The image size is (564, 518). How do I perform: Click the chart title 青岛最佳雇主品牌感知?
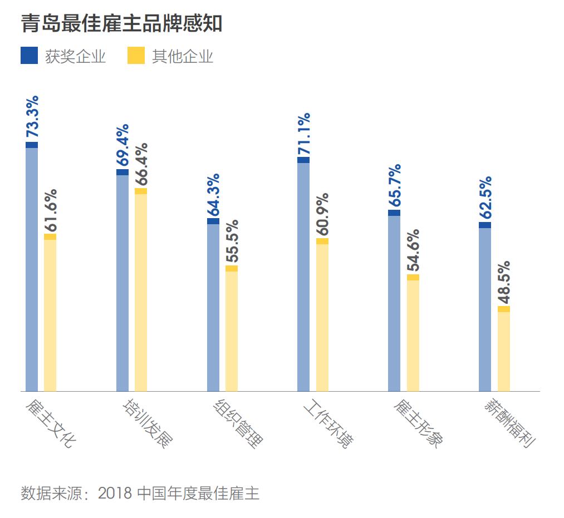point(121,23)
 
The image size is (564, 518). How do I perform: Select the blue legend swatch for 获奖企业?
point(30,56)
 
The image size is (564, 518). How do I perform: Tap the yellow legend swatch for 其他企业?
point(136,56)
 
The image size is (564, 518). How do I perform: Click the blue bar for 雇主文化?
point(32,267)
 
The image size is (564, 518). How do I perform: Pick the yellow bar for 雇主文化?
point(50,313)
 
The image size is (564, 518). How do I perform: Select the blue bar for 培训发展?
point(122,281)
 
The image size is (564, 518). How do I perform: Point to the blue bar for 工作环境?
point(303,275)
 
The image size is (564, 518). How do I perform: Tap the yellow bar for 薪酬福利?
point(504,349)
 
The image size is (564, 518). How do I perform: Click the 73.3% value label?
point(32,117)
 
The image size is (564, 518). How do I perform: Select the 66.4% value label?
point(141,164)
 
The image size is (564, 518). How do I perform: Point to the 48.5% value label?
point(504,282)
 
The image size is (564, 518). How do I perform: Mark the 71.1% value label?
point(304,134)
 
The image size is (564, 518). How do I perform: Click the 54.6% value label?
point(414,250)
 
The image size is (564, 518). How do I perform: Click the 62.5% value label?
point(485,198)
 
